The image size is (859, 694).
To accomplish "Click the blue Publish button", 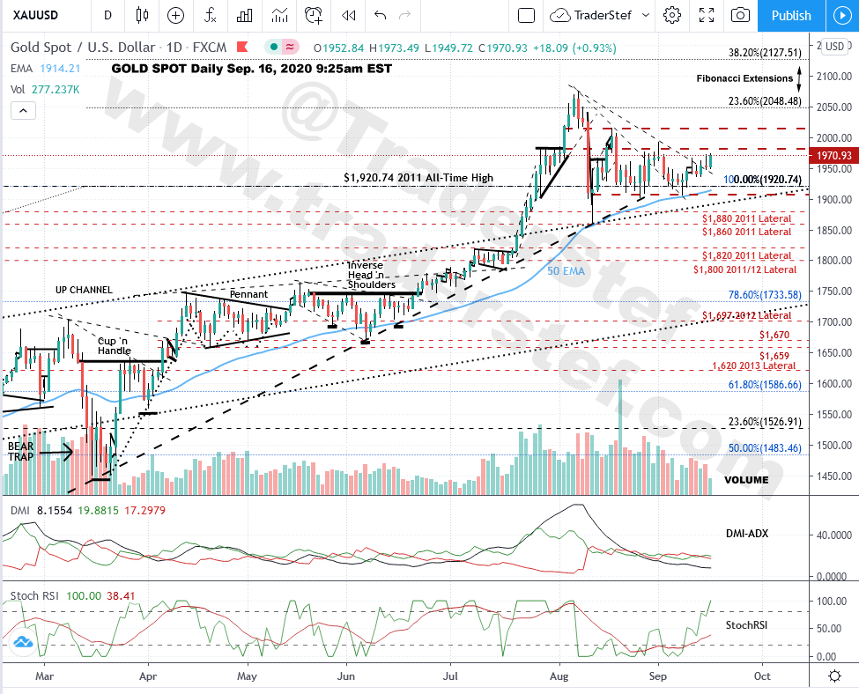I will pyautogui.click(x=790, y=15).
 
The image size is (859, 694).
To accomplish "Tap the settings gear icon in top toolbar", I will pyautogui.click(x=672, y=15).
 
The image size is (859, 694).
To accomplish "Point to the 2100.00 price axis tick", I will pyautogui.click(x=832, y=77).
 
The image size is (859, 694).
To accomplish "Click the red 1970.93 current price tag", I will pyautogui.click(x=832, y=156).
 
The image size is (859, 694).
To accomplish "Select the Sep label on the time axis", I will pyautogui.click(x=657, y=676).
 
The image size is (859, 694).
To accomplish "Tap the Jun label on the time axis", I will pyautogui.click(x=346, y=676).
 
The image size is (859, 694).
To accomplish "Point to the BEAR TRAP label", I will pyautogui.click(x=21, y=452).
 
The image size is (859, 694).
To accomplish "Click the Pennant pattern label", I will pyautogui.click(x=248, y=294).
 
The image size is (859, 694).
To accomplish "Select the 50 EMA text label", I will pyautogui.click(x=566, y=271).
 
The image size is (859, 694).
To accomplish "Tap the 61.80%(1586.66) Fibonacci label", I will pyautogui.click(x=765, y=384).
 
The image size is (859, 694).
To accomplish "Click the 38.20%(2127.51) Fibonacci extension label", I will pyautogui.click(x=765, y=52).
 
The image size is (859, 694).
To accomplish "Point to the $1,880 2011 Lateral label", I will pyautogui.click(x=746, y=218).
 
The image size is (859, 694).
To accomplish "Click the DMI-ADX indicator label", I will pyautogui.click(x=750, y=534).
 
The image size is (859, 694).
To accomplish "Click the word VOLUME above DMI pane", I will pyautogui.click(x=746, y=480).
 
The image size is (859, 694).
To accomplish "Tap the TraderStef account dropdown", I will pyautogui.click(x=599, y=15).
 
